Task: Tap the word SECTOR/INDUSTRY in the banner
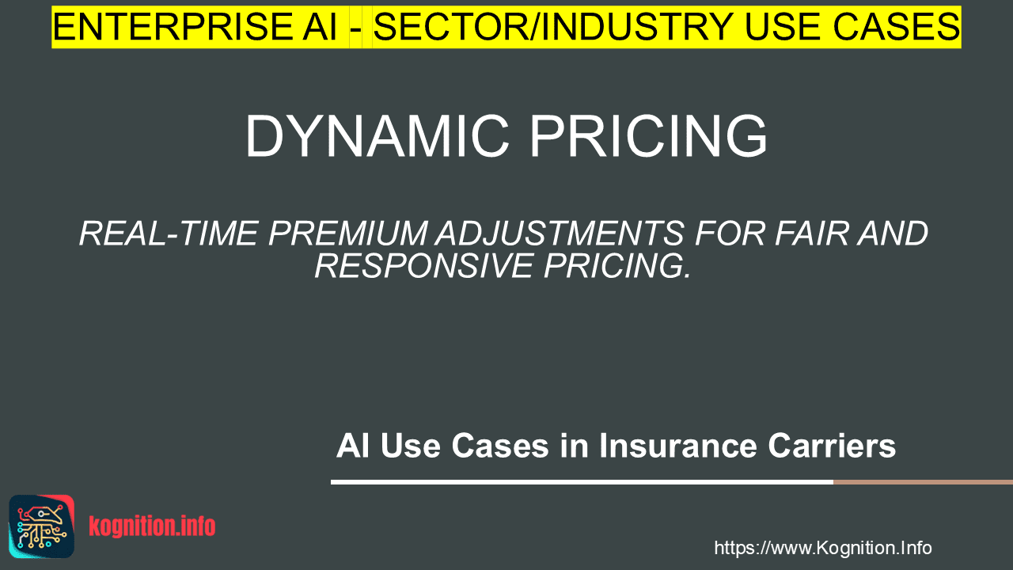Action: coord(553,27)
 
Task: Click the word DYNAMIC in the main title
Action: coord(378,136)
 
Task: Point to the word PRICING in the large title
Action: coord(648,136)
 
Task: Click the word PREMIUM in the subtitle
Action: coord(347,234)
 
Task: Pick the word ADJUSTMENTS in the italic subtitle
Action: coord(560,234)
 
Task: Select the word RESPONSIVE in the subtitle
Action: coord(423,266)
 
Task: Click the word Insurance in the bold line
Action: coord(678,446)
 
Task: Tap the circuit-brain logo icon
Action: coord(42,526)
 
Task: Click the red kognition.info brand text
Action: coord(152,526)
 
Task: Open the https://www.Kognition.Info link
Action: coord(823,548)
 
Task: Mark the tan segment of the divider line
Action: coord(923,482)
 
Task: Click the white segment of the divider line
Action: coord(582,482)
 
